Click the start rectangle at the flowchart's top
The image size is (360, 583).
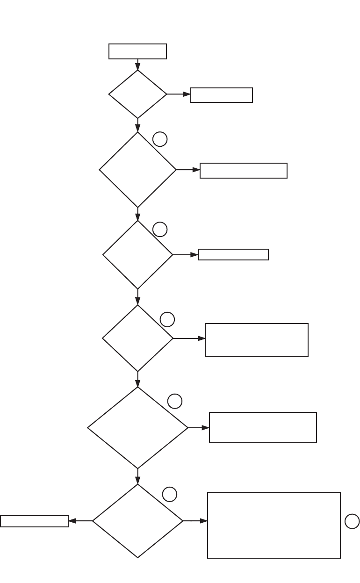click(137, 51)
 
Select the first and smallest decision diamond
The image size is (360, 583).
click(137, 94)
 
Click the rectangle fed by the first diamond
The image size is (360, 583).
click(222, 95)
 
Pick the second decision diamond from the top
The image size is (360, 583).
click(137, 170)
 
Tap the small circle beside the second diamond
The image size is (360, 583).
click(160, 139)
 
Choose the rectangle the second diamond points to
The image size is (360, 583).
click(243, 171)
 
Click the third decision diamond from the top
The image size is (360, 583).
click(137, 255)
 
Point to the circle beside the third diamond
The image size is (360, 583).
click(160, 229)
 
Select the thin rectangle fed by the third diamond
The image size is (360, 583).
click(233, 254)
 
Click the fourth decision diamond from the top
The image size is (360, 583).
click(137, 338)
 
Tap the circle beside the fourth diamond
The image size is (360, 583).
click(167, 319)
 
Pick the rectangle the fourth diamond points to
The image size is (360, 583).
click(257, 340)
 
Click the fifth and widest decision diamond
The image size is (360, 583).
click(137, 427)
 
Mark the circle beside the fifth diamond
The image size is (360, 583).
click(175, 401)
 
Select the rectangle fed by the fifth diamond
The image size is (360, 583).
click(263, 427)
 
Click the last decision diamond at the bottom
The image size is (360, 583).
click(137, 521)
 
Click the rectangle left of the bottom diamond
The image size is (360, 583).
click(34, 521)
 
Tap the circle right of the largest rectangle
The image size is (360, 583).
click(352, 521)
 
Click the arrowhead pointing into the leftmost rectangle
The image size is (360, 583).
click(72, 521)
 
